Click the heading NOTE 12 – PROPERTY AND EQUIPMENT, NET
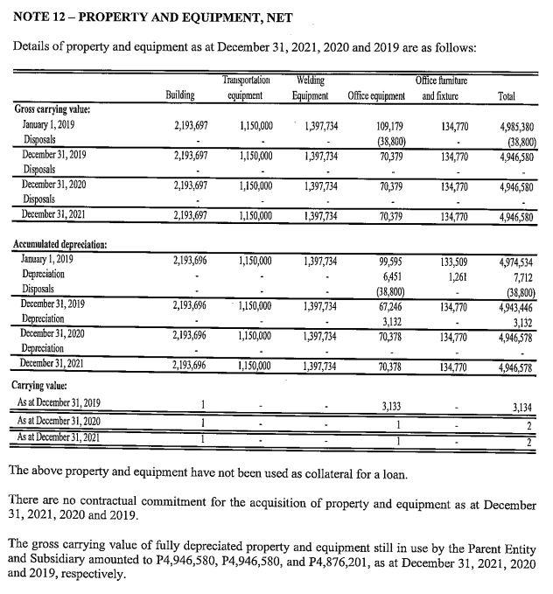[x=153, y=17]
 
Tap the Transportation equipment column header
[x=246, y=87]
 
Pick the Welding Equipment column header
[x=310, y=87]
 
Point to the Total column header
[x=506, y=95]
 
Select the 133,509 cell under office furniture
[x=451, y=260]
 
